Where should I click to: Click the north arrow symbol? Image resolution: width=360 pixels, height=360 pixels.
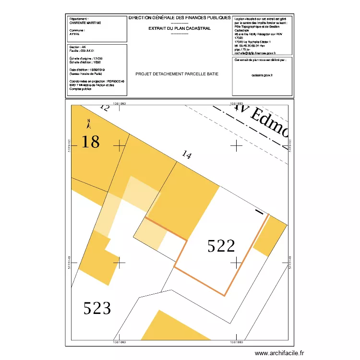(88, 124)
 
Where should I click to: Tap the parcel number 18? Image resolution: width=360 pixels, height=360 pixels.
(90, 142)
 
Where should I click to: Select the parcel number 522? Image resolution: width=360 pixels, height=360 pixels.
(221, 246)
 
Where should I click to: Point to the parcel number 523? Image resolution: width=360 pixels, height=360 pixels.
(97, 308)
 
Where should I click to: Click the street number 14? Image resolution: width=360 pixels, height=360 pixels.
(187, 155)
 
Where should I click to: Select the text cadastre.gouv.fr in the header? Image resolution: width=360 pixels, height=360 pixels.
(262, 75)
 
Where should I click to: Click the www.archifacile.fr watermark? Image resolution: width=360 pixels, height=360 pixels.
(279, 353)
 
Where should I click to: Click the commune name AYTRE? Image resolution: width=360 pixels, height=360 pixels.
(74, 35)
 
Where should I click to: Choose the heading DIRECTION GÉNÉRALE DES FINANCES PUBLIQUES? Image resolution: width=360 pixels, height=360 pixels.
(180, 18)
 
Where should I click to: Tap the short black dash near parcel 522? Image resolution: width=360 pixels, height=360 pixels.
(259, 212)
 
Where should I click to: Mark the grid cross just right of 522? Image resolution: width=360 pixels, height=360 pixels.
(237, 262)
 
